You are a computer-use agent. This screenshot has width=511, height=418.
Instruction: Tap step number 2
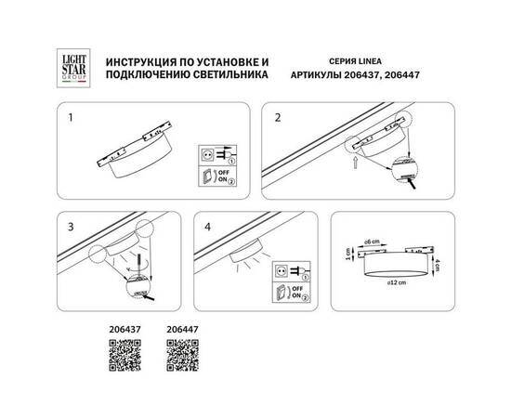pyautogui.click(x=276, y=118)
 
